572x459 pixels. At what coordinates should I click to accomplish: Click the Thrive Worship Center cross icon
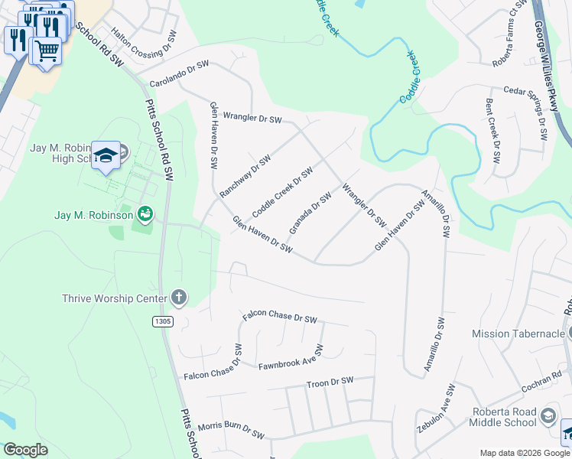pos(178,298)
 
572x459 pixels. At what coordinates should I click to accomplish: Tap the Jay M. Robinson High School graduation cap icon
pos(106,155)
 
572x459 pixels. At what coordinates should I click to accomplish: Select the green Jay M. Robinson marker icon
pos(144,214)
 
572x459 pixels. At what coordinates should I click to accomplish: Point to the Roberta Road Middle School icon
pos(548,416)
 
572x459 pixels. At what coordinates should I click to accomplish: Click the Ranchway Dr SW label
pos(245,177)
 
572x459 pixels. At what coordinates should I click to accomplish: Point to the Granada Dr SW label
pos(310,213)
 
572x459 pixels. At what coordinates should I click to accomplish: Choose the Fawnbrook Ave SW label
pos(291,357)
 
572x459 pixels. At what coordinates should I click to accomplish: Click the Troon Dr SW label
pos(330,381)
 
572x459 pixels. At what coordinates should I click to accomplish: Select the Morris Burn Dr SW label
pos(231,430)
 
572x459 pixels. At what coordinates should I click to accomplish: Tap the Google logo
pos(25,450)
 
